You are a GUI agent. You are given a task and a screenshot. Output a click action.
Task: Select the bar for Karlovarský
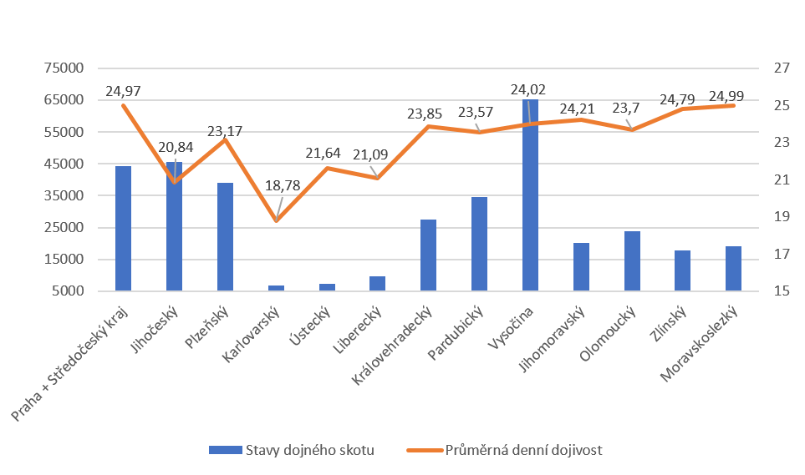[x=276, y=287]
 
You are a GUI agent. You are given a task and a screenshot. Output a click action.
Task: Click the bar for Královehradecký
[x=428, y=255]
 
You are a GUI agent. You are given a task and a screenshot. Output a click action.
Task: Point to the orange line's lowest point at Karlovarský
[x=276, y=220]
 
